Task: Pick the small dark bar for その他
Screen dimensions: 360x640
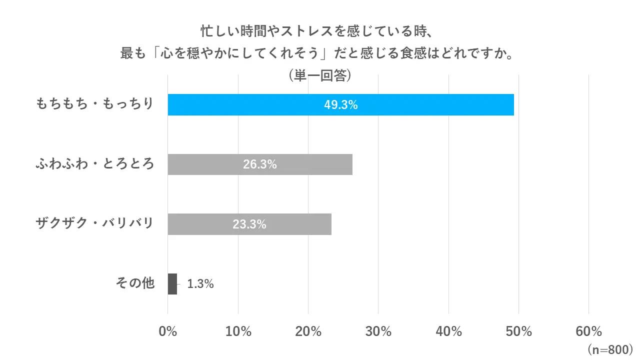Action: pyautogui.click(x=172, y=284)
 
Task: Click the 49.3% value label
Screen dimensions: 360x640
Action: pyautogui.click(x=340, y=105)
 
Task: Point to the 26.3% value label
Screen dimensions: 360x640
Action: pyautogui.click(x=260, y=164)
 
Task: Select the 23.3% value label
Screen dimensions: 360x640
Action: pyautogui.click(x=249, y=224)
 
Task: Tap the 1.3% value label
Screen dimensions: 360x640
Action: pyautogui.click(x=200, y=284)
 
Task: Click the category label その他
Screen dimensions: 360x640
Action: pyautogui.click(x=135, y=283)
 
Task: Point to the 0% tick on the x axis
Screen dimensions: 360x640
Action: pyautogui.click(x=168, y=331)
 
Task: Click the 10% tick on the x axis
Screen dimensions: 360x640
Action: pyautogui.click(x=238, y=331)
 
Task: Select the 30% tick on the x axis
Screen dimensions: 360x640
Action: pyautogui.click(x=378, y=331)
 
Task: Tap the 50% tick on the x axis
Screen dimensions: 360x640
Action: pyautogui.click(x=518, y=331)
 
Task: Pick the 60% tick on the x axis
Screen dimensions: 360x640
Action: pyautogui.click(x=588, y=331)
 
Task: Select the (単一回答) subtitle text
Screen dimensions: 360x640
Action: pyautogui.click(x=320, y=75)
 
